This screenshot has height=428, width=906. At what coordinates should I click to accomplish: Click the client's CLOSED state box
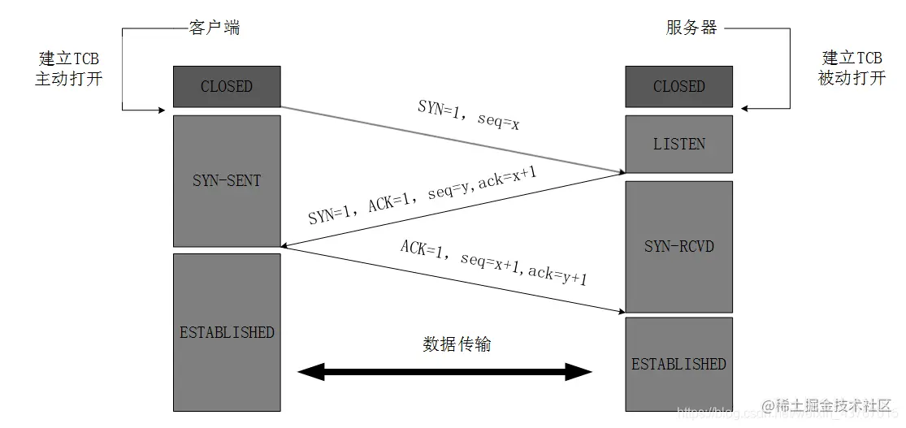227,86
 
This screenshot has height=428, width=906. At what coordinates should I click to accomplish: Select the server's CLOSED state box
678,86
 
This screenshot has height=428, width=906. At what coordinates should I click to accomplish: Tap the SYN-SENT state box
227,180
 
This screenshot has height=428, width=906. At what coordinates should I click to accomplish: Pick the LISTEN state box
678,144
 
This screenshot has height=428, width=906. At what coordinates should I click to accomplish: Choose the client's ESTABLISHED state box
227,332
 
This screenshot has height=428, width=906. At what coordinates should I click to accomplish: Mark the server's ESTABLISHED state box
678,363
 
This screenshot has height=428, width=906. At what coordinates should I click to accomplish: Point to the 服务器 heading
691,28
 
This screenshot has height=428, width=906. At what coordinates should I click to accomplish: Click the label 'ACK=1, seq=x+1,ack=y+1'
492,262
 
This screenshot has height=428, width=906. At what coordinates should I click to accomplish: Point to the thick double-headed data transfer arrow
445,373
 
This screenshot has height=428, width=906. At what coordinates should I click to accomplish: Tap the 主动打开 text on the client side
69,80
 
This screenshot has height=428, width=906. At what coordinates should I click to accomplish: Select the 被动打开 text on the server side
852,80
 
